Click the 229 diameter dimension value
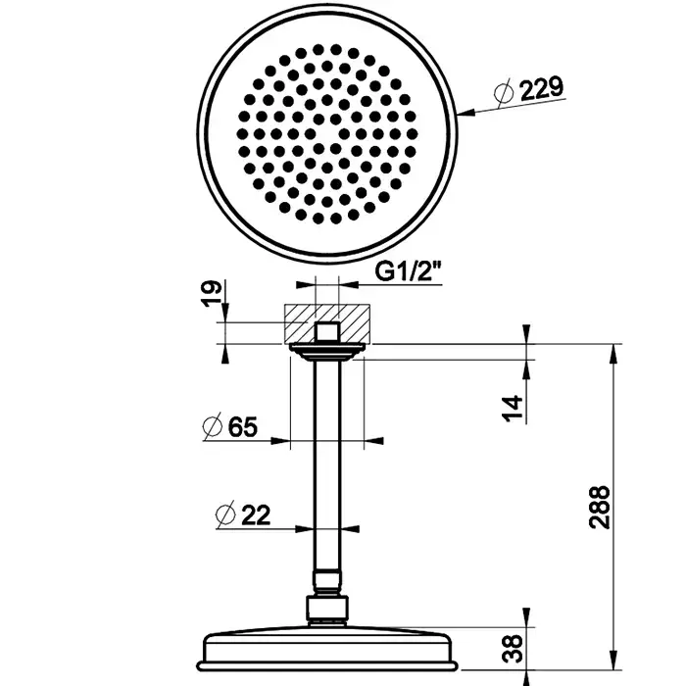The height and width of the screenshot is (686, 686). click(x=541, y=89)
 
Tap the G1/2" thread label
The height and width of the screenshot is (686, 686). click(x=409, y=272)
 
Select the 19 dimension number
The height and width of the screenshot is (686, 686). click(x=213, y=294)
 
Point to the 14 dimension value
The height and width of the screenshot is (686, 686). click(x=513, y=408)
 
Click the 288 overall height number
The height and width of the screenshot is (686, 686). click(x=600, y=508)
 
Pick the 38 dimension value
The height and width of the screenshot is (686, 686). click(x=513, y=649)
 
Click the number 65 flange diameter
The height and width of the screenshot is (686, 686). click(x=243, y=426)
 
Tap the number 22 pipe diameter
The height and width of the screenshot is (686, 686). click(x=256, y=514)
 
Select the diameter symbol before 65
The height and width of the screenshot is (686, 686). click(x=213, y=425)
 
